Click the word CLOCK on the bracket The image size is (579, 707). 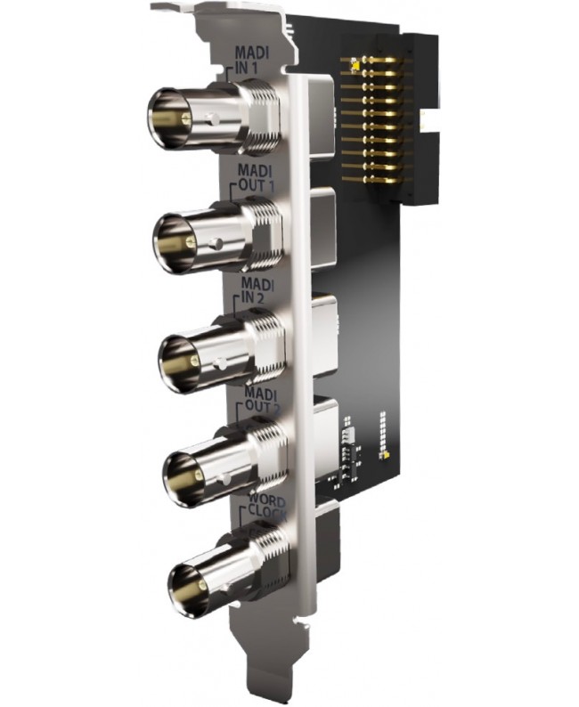(x=266, y=512)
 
